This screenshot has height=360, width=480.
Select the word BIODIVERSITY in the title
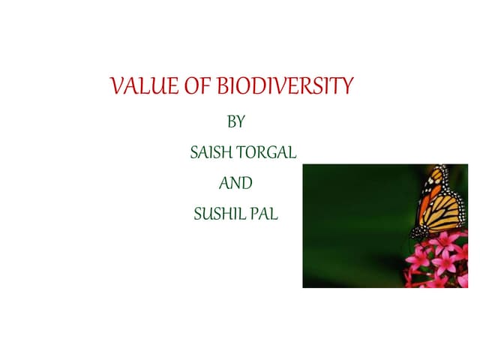[284, 88]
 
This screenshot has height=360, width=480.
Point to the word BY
[235, 122]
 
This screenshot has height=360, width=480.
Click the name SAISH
[211, 154]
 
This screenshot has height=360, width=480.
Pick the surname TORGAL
[267, 154]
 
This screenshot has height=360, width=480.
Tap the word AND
[235, 183]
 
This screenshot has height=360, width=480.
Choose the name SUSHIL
[217, 214]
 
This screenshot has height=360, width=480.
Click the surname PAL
[264, 214]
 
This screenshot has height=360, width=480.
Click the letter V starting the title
[116, 88]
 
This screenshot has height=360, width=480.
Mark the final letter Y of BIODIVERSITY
[346, 88]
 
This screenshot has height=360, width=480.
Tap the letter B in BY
[230, 122]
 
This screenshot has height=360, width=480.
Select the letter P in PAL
[255, 214]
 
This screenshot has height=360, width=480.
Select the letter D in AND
[247, 183]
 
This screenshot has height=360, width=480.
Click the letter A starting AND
[223, 183]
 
